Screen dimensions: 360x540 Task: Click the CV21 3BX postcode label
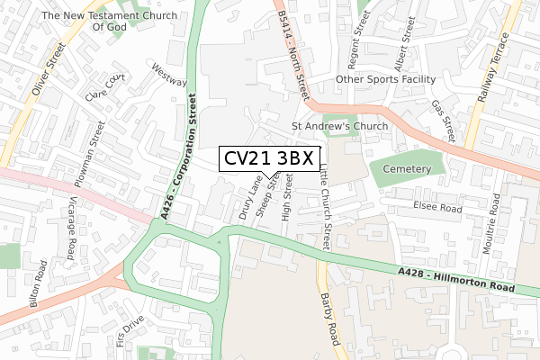(x=267, y=159)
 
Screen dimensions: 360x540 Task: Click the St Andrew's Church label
(x=339, y=126)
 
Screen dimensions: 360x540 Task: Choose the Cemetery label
(x=407, y=169)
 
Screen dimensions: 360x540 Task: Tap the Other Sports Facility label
(x=385, y=80)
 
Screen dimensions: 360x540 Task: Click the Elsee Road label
(x=437, y=208)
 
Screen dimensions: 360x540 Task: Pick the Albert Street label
(x=400, y=46)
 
